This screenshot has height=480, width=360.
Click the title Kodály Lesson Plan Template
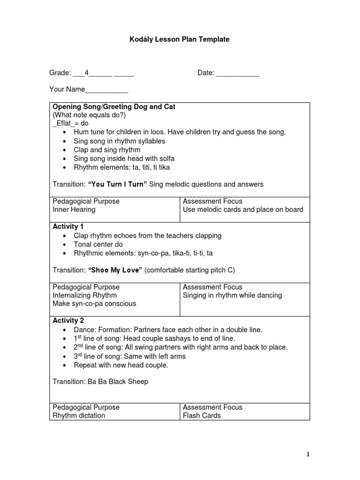pos(180,39)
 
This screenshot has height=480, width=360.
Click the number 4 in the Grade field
pos(87,73)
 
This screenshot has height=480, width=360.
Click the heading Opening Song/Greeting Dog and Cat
pos(114,107)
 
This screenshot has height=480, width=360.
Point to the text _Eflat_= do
pos(70,124)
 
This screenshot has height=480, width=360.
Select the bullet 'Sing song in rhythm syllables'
pos(120,141)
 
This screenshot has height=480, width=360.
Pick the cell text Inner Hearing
pos(74,210)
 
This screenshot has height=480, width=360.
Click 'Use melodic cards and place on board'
pos(243,210)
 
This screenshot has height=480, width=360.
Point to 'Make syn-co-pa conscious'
pos(94,304)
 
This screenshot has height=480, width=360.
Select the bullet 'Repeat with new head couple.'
pos(121,365)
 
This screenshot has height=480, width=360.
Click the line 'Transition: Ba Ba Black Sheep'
pos(100,382)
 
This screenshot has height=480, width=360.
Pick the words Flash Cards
pos(202,416)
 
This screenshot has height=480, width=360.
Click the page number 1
pos(308,454)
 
